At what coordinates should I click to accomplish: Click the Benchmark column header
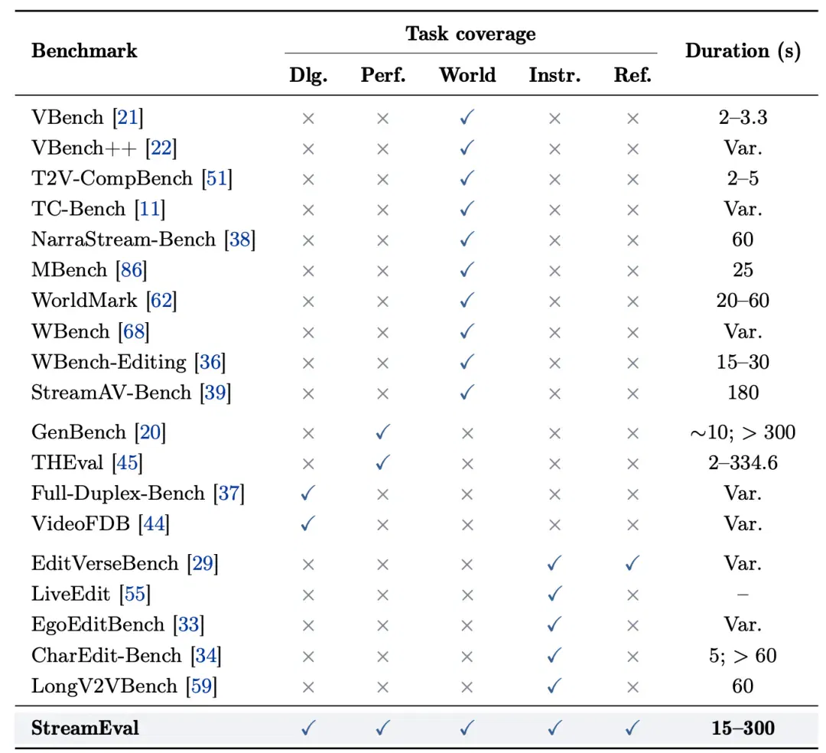(84, 51)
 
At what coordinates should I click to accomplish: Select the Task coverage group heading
(470, 34)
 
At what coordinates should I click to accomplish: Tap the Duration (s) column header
(743, 51)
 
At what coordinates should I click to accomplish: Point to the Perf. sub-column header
(383, 75)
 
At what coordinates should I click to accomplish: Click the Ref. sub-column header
(633, 75)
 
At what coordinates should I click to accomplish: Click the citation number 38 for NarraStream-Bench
(239, 240)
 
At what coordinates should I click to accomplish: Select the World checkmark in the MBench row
(467, 270)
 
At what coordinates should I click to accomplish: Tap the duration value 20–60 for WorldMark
(743, 300)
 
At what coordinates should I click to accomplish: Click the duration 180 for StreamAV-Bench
(743, 393)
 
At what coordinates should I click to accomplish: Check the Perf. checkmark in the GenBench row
(383, 432)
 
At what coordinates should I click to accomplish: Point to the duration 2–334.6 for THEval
(743, 463)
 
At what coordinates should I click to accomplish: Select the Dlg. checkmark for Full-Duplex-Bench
(308, 494)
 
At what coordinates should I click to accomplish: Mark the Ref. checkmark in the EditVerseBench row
(633, 564)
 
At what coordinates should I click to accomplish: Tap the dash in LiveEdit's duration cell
(743, 595)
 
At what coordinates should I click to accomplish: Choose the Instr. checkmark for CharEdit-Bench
(554, 656)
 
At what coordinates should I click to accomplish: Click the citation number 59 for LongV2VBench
(201, 686)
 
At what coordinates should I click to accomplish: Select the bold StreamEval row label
(86, 729)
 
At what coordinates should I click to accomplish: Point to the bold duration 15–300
(743, 729)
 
